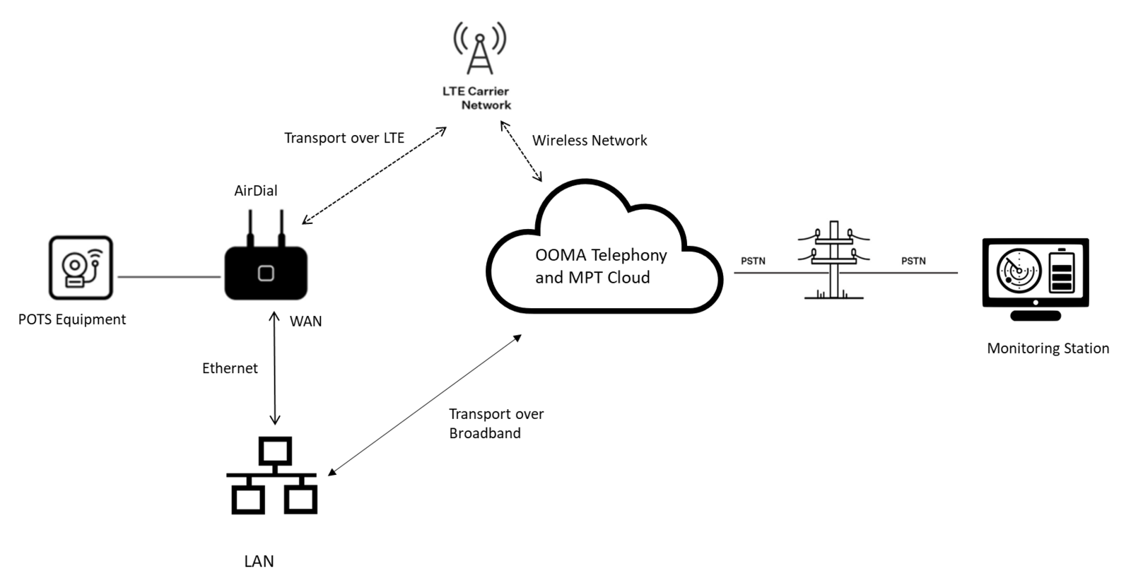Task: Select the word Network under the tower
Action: (x=486, y=105)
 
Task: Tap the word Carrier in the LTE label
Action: (x=487, y=91)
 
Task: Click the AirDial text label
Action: (x=256, y=191)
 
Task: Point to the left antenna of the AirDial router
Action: (x=250, y=227)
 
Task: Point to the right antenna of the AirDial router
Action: (x=281, y=227)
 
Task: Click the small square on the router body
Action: (x=266, y=273)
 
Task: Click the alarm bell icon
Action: (x=81, y=268)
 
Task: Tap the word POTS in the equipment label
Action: (x=35, y=319)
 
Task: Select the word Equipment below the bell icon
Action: (x=90, y=320)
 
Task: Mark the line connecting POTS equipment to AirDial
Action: (x=169, y=276)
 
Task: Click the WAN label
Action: (x=306, y=322)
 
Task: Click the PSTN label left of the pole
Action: (x=753, y=261)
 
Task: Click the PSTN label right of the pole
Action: (x=913, y=261)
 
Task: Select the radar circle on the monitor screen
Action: (x=1019, y=270)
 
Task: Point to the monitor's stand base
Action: (x=1036, y=316)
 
